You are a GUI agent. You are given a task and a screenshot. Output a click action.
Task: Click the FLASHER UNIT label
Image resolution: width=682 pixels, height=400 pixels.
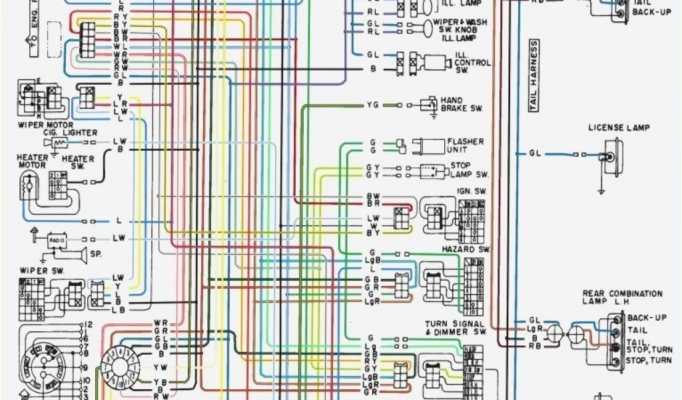pyautogui.click(x=466, y=145)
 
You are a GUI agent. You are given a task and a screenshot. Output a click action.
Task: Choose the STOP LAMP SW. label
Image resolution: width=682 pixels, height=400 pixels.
pyautogui.click(x=469, y=170)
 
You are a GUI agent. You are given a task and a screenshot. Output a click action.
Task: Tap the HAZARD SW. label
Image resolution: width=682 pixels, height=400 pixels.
pyautogui.click(x=466, y=249)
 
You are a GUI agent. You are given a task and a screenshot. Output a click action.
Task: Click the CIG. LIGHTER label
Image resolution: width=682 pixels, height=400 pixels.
pyautogui.click(x=71, y=133)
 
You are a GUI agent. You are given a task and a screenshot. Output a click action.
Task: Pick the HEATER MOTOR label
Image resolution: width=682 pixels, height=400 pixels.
pyautogui.click(x=32, y=161)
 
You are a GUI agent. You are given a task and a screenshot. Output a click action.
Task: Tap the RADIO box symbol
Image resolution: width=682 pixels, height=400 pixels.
pyautogui.click(x=55, y=238)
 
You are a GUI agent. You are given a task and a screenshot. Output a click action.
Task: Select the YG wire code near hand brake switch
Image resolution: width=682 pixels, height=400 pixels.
pyautogui.click(x=372, y=105)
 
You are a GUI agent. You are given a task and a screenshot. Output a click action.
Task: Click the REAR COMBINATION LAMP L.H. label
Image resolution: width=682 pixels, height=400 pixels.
pyautogui.click(x=622, y=297)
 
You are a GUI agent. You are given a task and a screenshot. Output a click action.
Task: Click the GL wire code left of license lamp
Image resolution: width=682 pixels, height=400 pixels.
pyautogui.click(x=535, y=153)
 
